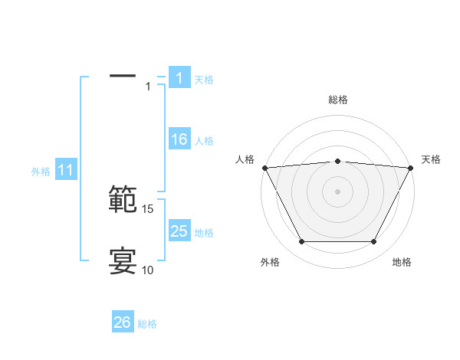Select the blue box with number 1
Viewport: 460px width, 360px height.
click(179, 78)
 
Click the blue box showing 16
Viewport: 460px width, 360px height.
click(179, 140)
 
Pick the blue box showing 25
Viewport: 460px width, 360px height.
click(179, 231)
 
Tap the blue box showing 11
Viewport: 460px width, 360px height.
click(66, 171)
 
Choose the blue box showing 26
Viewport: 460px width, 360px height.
click(123, 322)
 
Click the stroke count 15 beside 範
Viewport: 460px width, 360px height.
click(148, 208)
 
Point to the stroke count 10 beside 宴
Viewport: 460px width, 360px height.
click(148, 270)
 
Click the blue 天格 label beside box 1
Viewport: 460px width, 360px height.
click(204, 79)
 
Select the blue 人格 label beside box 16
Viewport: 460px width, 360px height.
click(204, 141)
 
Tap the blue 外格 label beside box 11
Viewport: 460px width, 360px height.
click(41, 172)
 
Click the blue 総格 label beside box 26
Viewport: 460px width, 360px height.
click(147, 323)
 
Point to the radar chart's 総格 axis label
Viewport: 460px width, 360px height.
click(338, 100)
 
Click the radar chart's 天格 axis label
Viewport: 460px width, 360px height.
click(432, 159)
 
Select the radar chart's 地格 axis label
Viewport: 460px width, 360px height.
click(402, 262)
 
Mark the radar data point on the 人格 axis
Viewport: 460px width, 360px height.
click(264, 167)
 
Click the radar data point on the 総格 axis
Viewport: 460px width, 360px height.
click(338, 161)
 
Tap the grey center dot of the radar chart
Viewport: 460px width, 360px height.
click(338, 191)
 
